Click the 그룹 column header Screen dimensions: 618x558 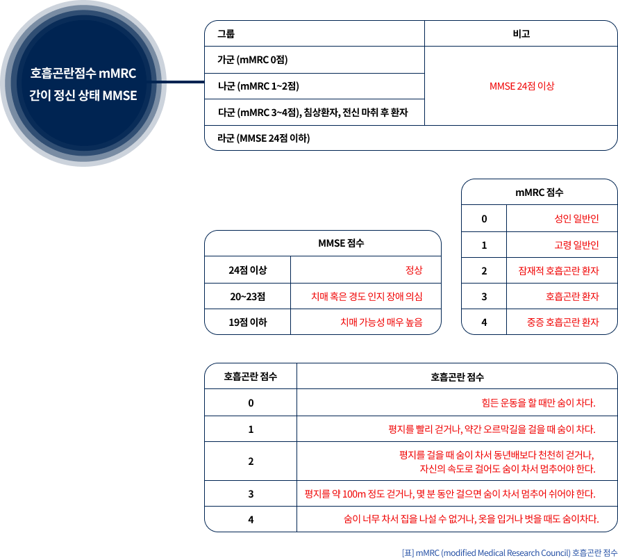point(226,34)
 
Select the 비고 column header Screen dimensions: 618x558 point(521,34)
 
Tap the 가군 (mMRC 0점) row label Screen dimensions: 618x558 point(253,60)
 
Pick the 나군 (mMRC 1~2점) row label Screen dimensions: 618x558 point(258,86)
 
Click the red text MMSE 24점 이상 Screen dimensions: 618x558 point(522,86)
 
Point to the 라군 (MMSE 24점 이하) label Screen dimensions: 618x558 point(264,138)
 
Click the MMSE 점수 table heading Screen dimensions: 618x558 point(341,243)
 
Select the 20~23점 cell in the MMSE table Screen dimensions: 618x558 point(247,297)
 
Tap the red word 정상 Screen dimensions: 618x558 point(414,270)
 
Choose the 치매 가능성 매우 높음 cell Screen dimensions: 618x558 point(381,322)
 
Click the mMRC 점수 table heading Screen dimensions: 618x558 point(539,192)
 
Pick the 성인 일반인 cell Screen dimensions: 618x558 point(576,218)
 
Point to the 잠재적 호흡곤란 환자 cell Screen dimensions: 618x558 point(558,270)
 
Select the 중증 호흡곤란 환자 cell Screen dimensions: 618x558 point(563,322)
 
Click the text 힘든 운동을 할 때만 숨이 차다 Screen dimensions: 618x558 point(538,402)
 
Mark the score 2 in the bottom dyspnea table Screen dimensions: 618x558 point(251,461)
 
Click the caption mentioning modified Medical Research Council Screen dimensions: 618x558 point(510,553)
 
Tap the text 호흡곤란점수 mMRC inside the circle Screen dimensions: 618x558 point(83,74)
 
